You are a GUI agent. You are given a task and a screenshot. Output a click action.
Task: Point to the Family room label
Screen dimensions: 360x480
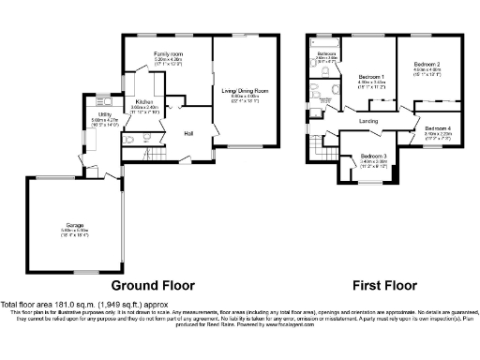(x=169, y=54)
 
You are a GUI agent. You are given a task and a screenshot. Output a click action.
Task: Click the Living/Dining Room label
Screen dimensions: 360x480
(x=245, y=90)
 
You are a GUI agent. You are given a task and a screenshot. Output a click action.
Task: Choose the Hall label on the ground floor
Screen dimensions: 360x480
(x=187, y=133)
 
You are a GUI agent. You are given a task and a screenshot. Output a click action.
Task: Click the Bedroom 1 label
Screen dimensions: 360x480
(x=372, y=76)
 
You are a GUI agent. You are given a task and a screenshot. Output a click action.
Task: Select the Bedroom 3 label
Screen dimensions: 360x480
(x=372, y=156)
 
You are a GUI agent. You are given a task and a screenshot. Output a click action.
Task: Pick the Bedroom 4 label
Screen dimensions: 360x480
(x=437, y=127)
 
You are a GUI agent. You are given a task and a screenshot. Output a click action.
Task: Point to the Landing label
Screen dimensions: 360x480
(x=367, y=121)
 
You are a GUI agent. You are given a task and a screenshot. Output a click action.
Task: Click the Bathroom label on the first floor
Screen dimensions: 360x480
(x=326, y=54)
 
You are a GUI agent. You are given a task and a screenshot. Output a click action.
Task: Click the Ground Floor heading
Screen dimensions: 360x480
(x=153, y=285)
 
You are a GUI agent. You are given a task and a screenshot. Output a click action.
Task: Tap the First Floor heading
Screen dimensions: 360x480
(x=384, y=285)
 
